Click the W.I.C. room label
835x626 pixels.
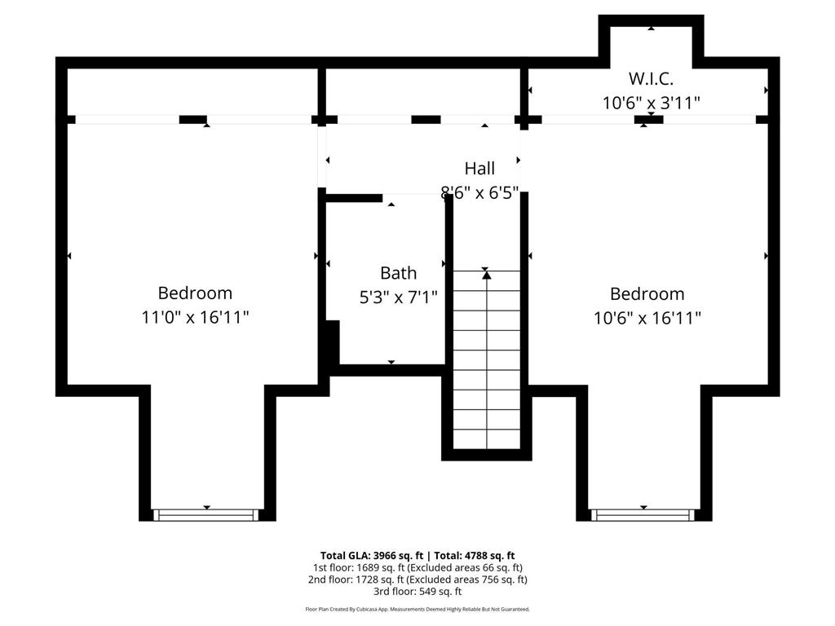(651, 79)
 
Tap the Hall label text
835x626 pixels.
(479, 169)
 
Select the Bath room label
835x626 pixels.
(398, 273)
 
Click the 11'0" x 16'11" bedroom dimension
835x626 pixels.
(195, 317)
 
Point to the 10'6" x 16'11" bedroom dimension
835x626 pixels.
(647, 319)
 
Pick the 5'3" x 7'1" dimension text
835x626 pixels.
(398, 297)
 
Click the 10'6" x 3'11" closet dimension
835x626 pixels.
(651, 103)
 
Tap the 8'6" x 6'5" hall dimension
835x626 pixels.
(479, 192)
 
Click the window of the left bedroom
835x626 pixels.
(206, 515)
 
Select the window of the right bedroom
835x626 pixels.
(643, 515)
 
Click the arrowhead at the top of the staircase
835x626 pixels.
(486, 275)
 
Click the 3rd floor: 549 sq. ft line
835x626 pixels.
(417, 592)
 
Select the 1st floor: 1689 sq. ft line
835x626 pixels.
(417, 568)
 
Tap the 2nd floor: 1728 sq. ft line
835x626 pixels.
(417, 580)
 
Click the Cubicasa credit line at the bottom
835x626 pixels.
(417, 609)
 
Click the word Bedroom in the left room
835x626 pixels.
(195, 293)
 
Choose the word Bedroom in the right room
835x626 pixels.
(647, 293)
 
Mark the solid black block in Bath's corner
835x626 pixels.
(333, 342)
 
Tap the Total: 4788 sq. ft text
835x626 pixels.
(475, 556)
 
